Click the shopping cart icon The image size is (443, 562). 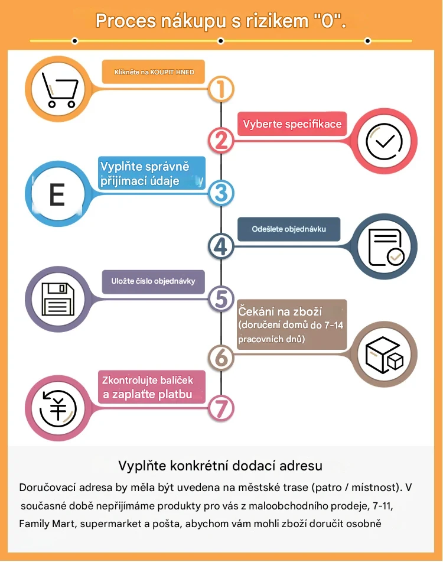[x=60, y=90]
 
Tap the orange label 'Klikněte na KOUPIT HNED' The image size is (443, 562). [x=153, y=72]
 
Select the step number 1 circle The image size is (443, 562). [x=221, y=89]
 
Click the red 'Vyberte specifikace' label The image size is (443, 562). [x=292, y=124]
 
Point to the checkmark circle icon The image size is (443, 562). [x=384, y=141]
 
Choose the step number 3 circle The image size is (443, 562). [x=221, y=193]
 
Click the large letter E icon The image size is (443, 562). [x=57, y=194]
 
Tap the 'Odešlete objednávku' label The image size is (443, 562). [x=289, y=229]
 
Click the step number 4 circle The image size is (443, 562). [x=221, y=246]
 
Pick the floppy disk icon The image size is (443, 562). [x=58, y=299]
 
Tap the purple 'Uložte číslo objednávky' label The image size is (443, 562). [x=153, y=282]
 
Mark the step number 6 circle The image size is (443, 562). [x=221, y=358]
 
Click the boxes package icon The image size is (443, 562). [x=384, y=355]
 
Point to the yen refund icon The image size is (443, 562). [x=58, y=408]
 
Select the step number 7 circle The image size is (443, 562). [x=221, y=408]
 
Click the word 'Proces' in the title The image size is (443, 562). [x=125, y=21]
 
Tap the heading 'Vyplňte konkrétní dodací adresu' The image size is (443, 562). [x=220, y=466]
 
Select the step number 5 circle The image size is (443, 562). [x=221, y=298]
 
